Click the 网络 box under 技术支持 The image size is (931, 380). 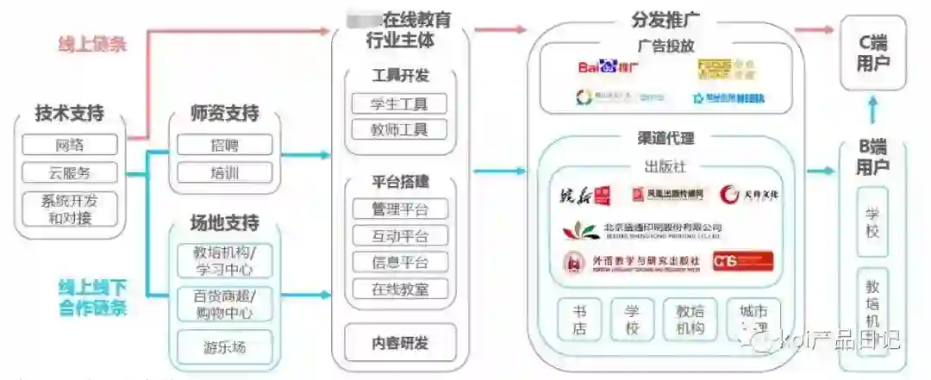tap(70, 145)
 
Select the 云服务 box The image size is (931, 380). tap(70, 172)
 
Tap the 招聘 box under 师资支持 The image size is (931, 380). tap(224, 145)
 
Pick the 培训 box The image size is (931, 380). tap(224, 172)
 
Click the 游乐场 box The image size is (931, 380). tap(224, 347)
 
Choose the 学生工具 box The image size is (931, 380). tap(400, 103)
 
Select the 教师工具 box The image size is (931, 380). tap(400, 130)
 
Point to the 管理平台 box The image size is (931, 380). tap(400, 209)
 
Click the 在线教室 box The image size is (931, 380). tap(400, 289)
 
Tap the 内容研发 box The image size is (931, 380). tap(400, 343)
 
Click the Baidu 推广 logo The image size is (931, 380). tap(609, 65)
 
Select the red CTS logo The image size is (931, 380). tap(742, 261)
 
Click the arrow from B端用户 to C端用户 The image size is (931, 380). tap(873, 110)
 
